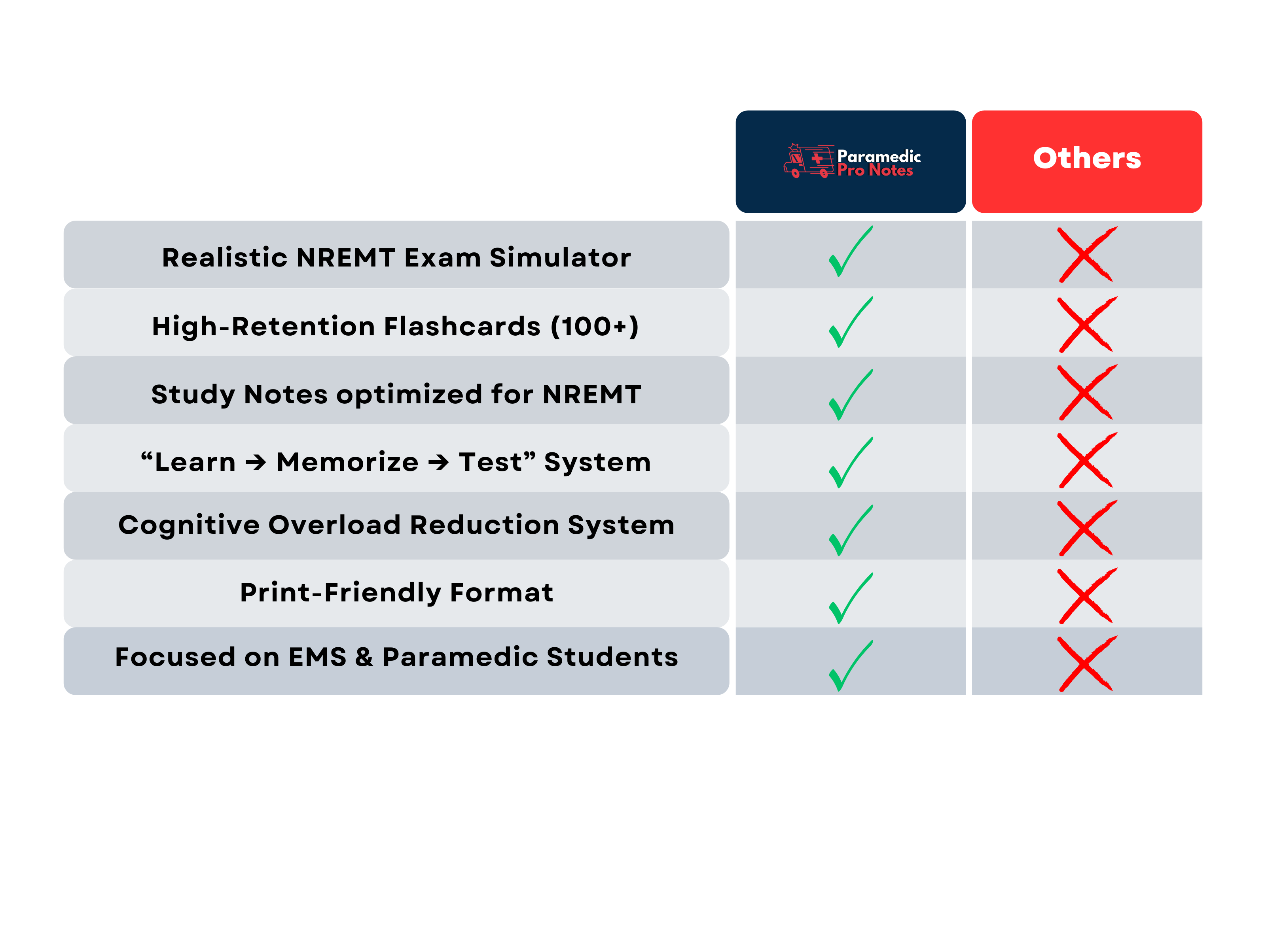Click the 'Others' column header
(1086, 159)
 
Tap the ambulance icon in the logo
(808, 161)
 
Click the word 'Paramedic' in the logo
(879, 155)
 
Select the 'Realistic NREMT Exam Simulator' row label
(396, 257)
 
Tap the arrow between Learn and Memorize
(256, 462)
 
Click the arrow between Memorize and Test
(438, 462)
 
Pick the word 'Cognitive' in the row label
(188, 525)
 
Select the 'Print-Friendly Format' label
(396, 593)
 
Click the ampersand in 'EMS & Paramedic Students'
(364, 657)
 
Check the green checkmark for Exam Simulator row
(850, 252)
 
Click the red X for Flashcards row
(1086, 324)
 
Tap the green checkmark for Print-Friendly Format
(850, 598)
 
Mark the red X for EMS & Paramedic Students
(1086, 664)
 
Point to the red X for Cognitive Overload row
(1086, 528)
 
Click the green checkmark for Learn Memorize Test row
(850, 463)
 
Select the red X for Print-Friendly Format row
(1086, 595)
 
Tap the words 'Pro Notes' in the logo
(874, 170)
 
